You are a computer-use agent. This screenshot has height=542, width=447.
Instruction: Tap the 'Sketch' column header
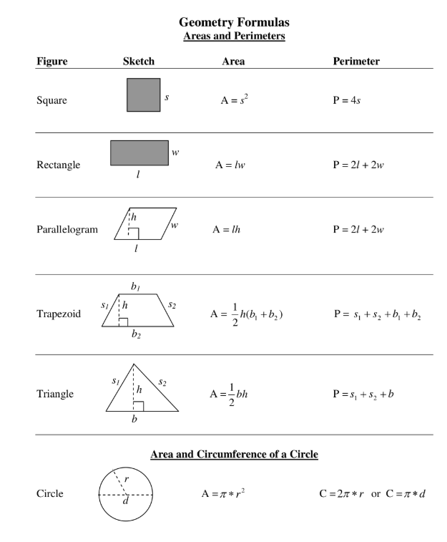(139, 62)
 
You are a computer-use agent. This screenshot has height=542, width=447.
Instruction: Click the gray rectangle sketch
(139, 153)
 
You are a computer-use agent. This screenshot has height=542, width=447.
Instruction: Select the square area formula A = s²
(234, 100)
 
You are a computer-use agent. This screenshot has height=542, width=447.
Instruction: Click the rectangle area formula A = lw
(232, 165)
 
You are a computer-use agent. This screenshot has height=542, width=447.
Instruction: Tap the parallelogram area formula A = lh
(231, 229)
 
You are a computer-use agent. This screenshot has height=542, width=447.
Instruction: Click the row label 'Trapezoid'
(59, 314)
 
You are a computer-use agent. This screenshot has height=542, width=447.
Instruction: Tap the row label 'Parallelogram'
(67, 230)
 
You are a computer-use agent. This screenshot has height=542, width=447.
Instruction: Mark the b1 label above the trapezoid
(135, 286)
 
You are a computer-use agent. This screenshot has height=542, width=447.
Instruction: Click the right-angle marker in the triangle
(139, 407)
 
